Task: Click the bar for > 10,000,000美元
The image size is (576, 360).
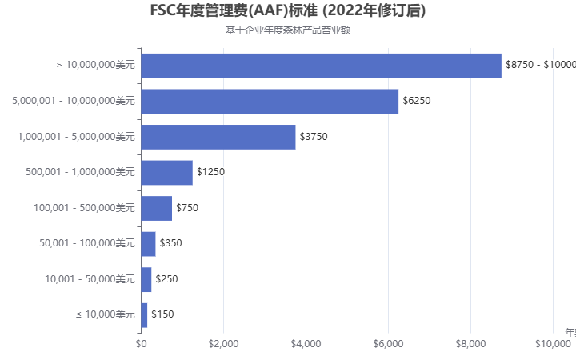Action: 321,65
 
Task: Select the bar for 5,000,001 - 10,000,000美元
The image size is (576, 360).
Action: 270,101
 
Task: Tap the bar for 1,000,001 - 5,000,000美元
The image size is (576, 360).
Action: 218,137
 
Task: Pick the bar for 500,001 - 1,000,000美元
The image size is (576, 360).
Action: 166,172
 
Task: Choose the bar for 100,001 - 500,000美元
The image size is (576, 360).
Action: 156,208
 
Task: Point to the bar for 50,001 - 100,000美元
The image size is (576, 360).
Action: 148,243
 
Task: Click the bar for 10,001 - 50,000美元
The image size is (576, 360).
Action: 146,279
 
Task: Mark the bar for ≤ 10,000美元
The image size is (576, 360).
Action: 144,314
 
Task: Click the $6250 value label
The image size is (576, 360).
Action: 417,101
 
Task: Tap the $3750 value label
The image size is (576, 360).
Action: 314,137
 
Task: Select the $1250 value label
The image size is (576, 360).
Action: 210,172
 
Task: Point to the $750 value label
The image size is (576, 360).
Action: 187,208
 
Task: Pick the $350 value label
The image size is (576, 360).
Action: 170,243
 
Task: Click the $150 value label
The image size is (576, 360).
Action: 162,314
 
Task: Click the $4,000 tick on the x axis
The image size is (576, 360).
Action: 306,344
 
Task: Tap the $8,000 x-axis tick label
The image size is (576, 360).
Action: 470,344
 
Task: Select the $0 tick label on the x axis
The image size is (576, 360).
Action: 141,344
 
